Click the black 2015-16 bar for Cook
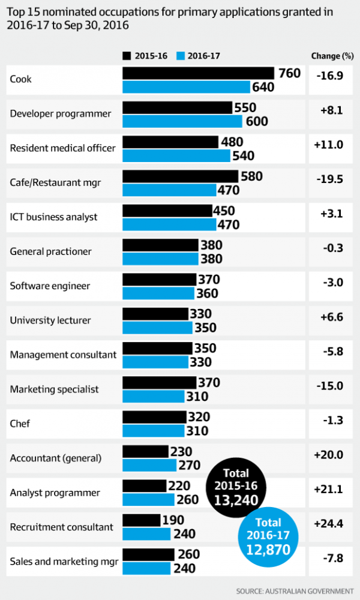[x=198, y=73]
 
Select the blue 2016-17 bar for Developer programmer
[x=184, y=121]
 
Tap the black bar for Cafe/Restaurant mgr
[x=180, y=176]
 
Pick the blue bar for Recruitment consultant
[x=148, y=533]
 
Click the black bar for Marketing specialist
[x=159, y=382]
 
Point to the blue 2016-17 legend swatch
[x=179, y=56]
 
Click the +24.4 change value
[x=328, y=523]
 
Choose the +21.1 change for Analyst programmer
[x=328, y=489]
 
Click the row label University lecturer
[x=50, y=320]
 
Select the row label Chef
[x=20, y=424]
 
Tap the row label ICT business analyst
[x=53, y=217]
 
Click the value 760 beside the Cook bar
[x=289, y=73]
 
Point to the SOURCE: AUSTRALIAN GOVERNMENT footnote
[x=295, y=590]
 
